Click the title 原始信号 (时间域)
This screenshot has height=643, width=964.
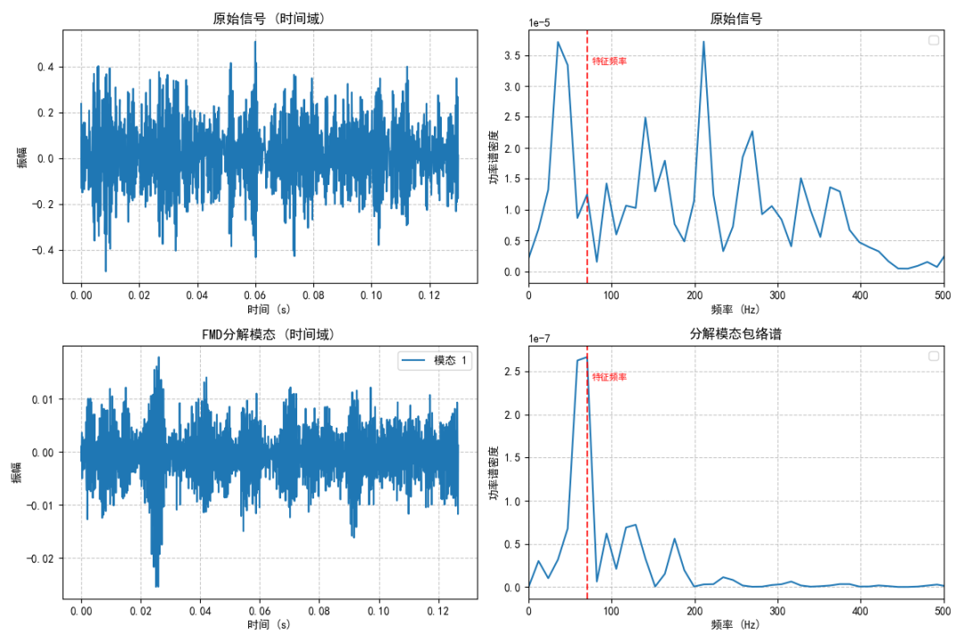point(269,19)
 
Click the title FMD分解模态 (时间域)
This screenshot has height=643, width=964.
point(269,335)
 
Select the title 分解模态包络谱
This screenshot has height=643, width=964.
point(735,335)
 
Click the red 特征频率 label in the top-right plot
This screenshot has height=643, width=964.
point(610,61)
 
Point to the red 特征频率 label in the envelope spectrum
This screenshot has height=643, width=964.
point(610,377)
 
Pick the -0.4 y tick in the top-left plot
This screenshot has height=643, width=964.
point(45,251)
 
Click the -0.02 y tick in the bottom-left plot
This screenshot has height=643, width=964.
point(40,559)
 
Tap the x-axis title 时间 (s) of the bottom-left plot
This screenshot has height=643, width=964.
point(269,624)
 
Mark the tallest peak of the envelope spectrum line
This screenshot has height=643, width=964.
point(586,357)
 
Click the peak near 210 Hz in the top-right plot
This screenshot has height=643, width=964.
point(703,42)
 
